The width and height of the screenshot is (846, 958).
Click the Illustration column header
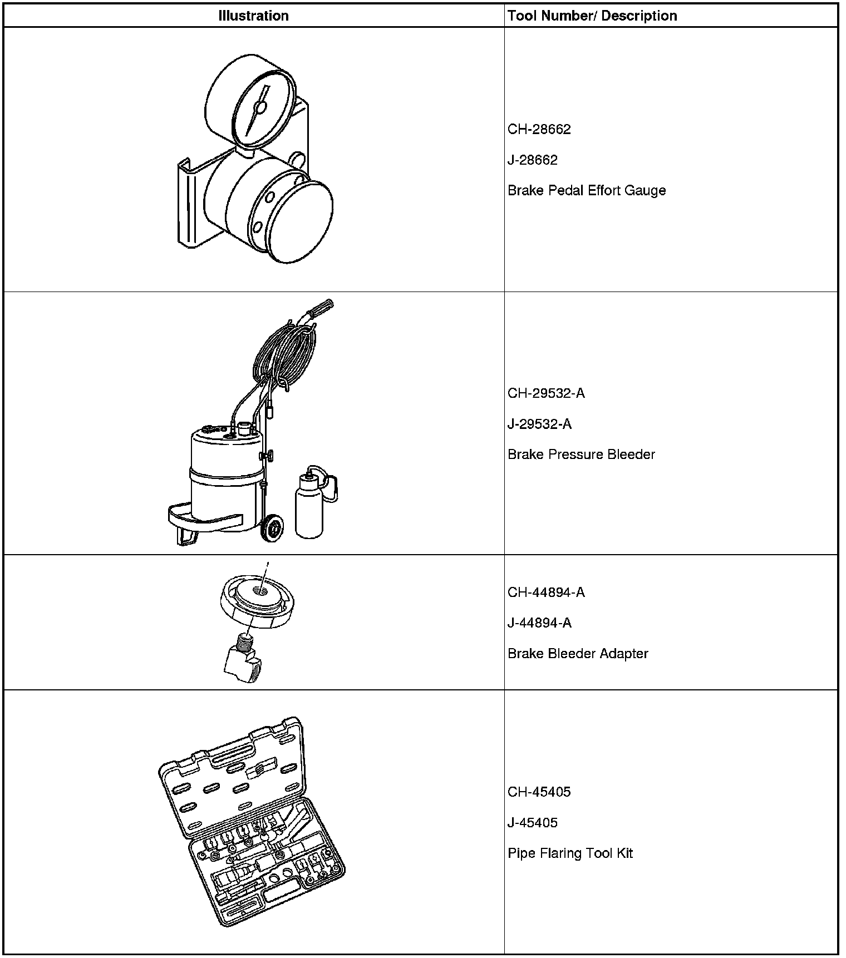(253, 16)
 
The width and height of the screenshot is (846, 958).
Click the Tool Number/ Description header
(592, 16)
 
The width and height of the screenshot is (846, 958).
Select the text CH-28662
(539, 130)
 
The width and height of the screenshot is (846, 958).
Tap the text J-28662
(532, 160)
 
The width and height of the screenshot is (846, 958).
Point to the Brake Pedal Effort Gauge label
(587, 191)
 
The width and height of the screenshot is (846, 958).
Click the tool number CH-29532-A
(546, 393)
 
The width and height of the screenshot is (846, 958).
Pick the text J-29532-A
(539, 424)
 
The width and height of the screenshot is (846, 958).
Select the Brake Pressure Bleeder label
(581, 455)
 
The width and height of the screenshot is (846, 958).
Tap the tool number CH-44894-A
(546, 592)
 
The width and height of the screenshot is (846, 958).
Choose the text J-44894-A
(539, 623)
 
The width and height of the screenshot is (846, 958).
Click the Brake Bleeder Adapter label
(578, 654)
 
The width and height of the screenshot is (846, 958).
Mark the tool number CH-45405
(539, 792)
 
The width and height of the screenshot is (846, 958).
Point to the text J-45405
(532, 823)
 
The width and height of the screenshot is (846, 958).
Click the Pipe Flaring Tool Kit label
(570, 853)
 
